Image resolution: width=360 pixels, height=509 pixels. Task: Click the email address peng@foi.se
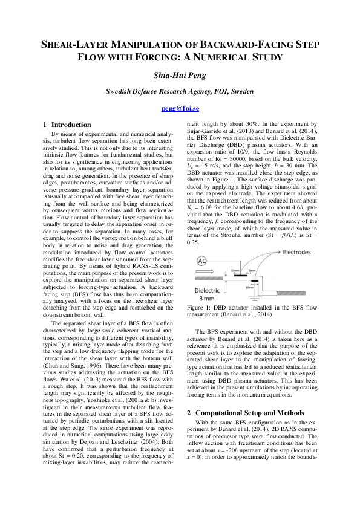[180, 109]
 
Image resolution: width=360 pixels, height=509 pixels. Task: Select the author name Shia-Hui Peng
[180, 75]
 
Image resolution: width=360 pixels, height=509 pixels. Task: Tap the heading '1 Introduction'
[67, 125]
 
